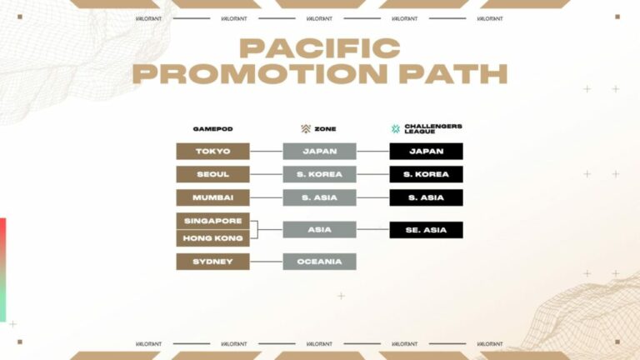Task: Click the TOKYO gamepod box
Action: point(212,152)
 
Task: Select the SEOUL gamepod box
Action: point(212,175)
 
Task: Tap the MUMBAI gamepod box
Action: point(212,198)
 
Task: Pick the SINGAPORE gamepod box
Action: point(212,221)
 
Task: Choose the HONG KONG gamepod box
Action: point(212,238)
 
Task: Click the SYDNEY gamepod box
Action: point(212,262)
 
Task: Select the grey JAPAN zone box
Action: point(319,152)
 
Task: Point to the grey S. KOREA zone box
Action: point(319,175)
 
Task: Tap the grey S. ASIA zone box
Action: point(319,198)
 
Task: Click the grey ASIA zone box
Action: point(319,230)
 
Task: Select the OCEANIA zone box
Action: point(319,262)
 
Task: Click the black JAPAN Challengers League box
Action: point(426,152)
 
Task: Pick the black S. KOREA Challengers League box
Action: point(426,175)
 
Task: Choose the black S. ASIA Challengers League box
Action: point(426,198)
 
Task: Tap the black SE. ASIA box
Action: point(426,230)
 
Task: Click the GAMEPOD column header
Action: point(212,129)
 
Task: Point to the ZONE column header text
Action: point(325,129)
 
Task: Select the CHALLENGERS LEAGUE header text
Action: point(432,129)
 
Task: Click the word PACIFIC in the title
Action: point(319,47)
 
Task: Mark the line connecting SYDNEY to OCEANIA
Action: point(266,262)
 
